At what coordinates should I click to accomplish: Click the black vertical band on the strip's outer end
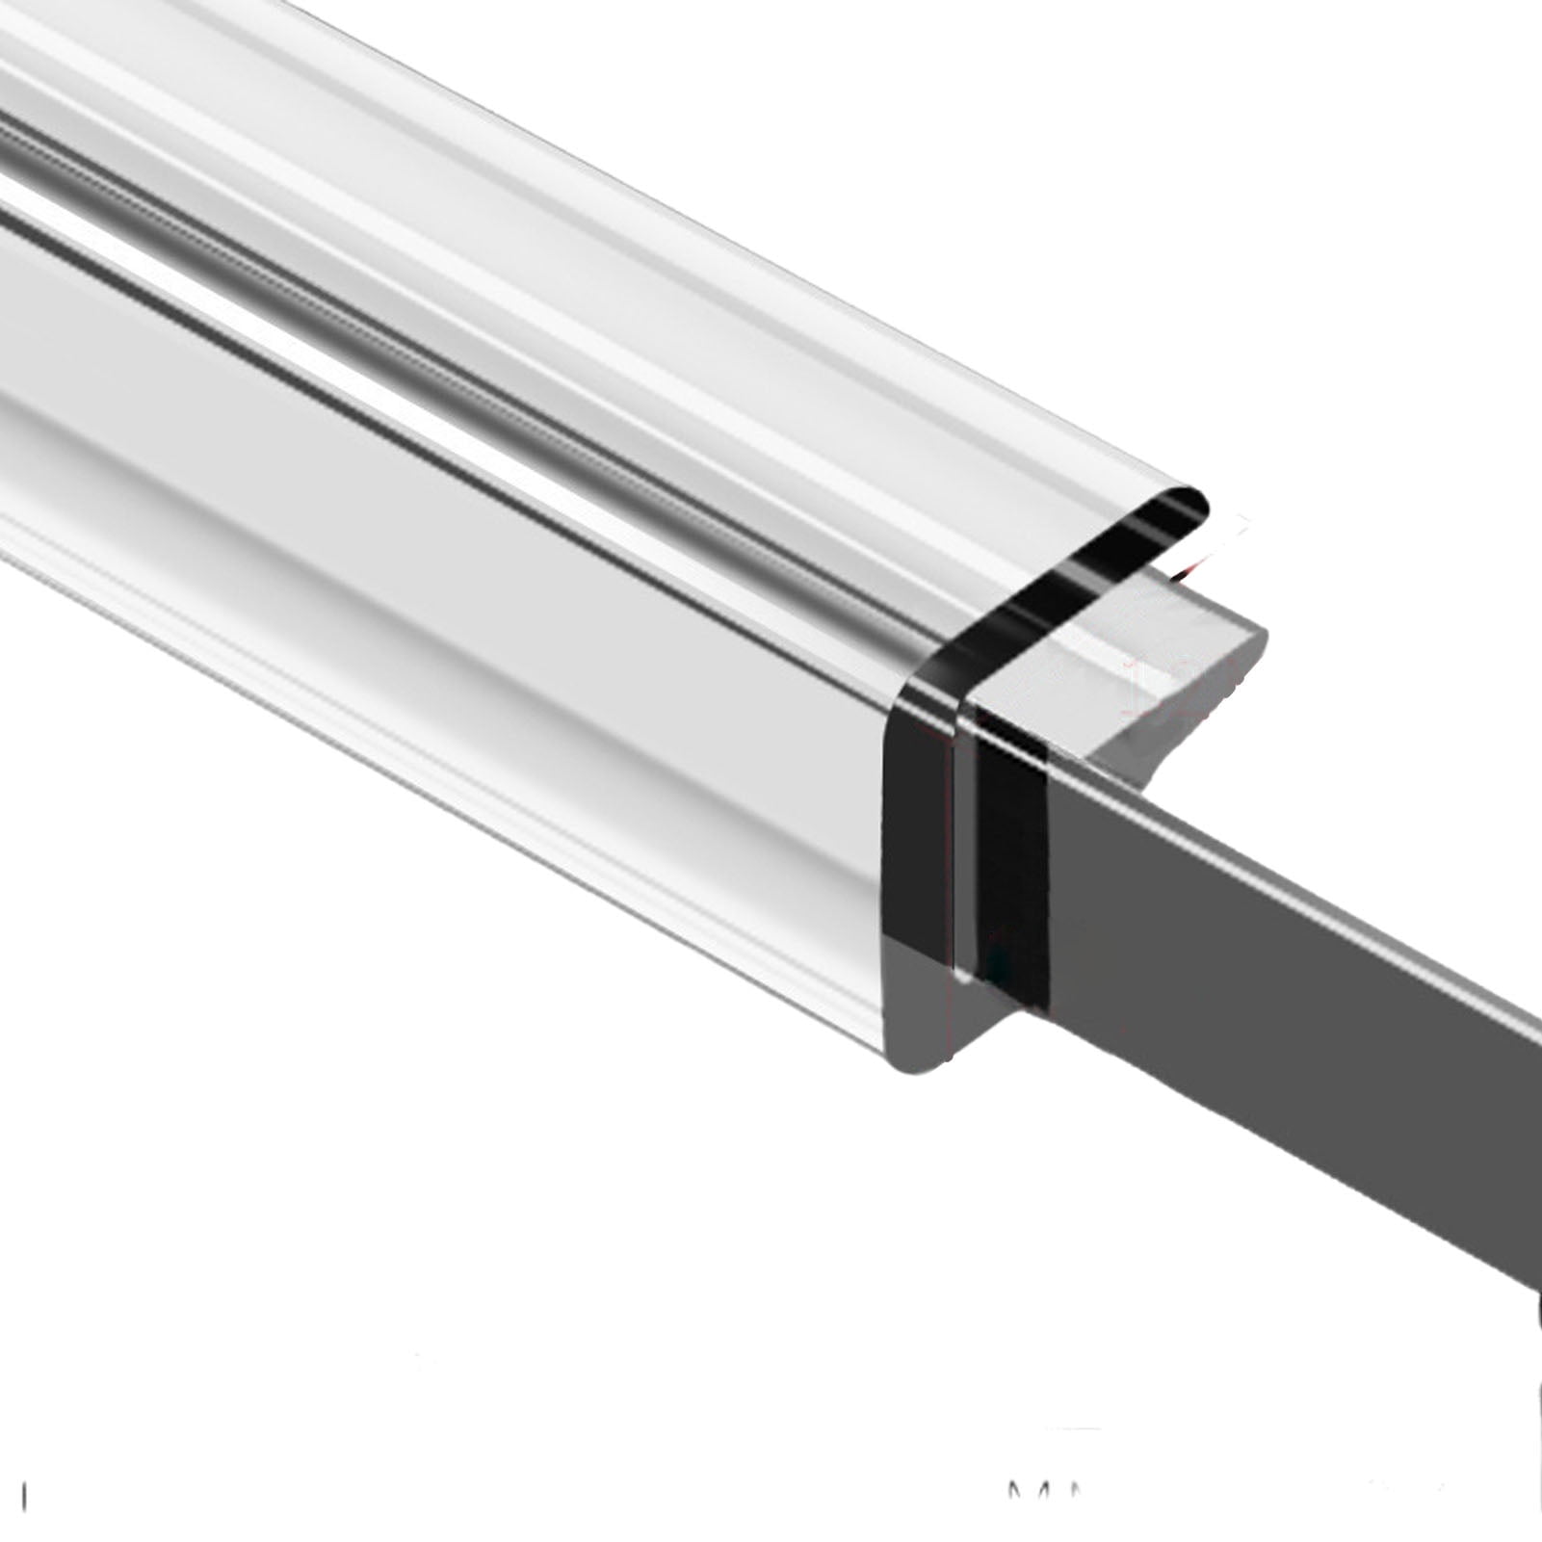click(x=915, y=819)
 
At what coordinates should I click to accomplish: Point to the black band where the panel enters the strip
click(x=1011, y=867)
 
